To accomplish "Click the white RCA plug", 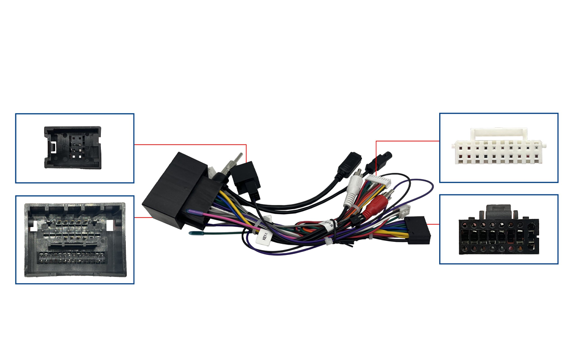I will pyautogui.click(x=355, y=185).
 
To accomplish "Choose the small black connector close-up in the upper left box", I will pyautogui.click(x=73, y=147).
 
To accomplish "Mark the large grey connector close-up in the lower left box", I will pyautogui.click(x=75, y=240).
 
